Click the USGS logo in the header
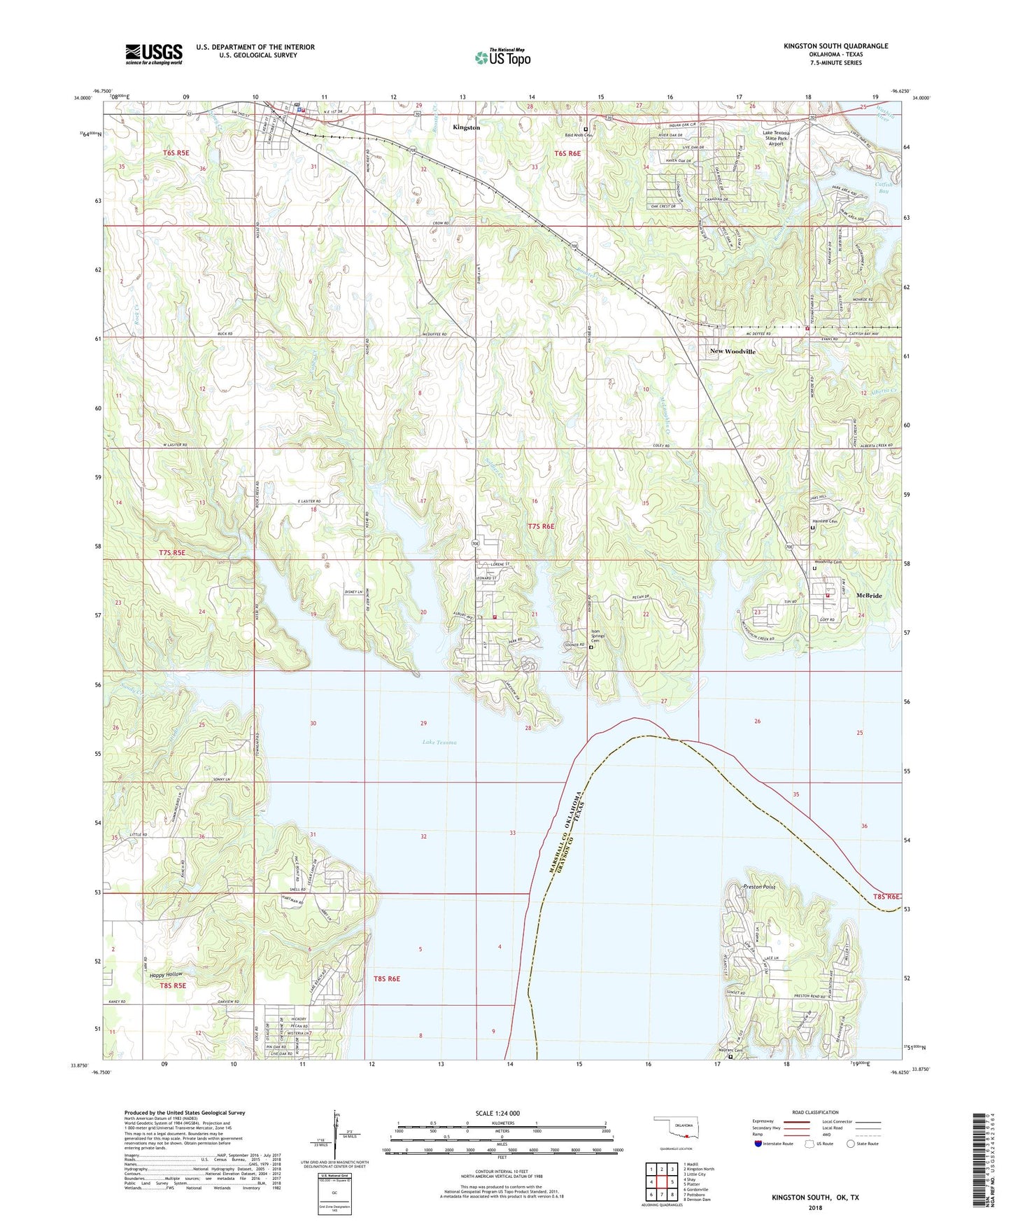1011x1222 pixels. (153, 54)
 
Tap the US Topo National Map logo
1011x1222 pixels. (502, 57)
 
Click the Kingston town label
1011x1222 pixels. (466, 127)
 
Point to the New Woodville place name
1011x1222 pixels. (733, 351)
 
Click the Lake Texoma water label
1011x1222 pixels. (439, 742)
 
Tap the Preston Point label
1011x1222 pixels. (758, 887)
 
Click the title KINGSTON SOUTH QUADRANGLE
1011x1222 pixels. (835, 46)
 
